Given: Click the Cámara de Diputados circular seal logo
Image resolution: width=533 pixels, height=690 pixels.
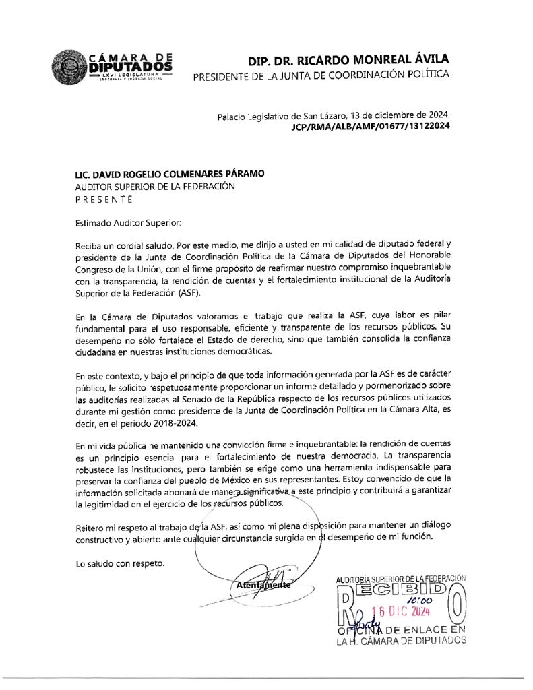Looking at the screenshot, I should coord(68,68).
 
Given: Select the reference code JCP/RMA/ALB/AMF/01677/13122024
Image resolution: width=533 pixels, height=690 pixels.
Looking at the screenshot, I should coord(371,126).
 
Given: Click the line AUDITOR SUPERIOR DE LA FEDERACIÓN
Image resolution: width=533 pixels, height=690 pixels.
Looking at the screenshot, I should coord(155,187).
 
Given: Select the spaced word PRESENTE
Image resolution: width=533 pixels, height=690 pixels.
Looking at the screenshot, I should coord(104,199).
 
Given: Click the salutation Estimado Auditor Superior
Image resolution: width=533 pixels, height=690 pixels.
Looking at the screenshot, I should coord(128,222).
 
